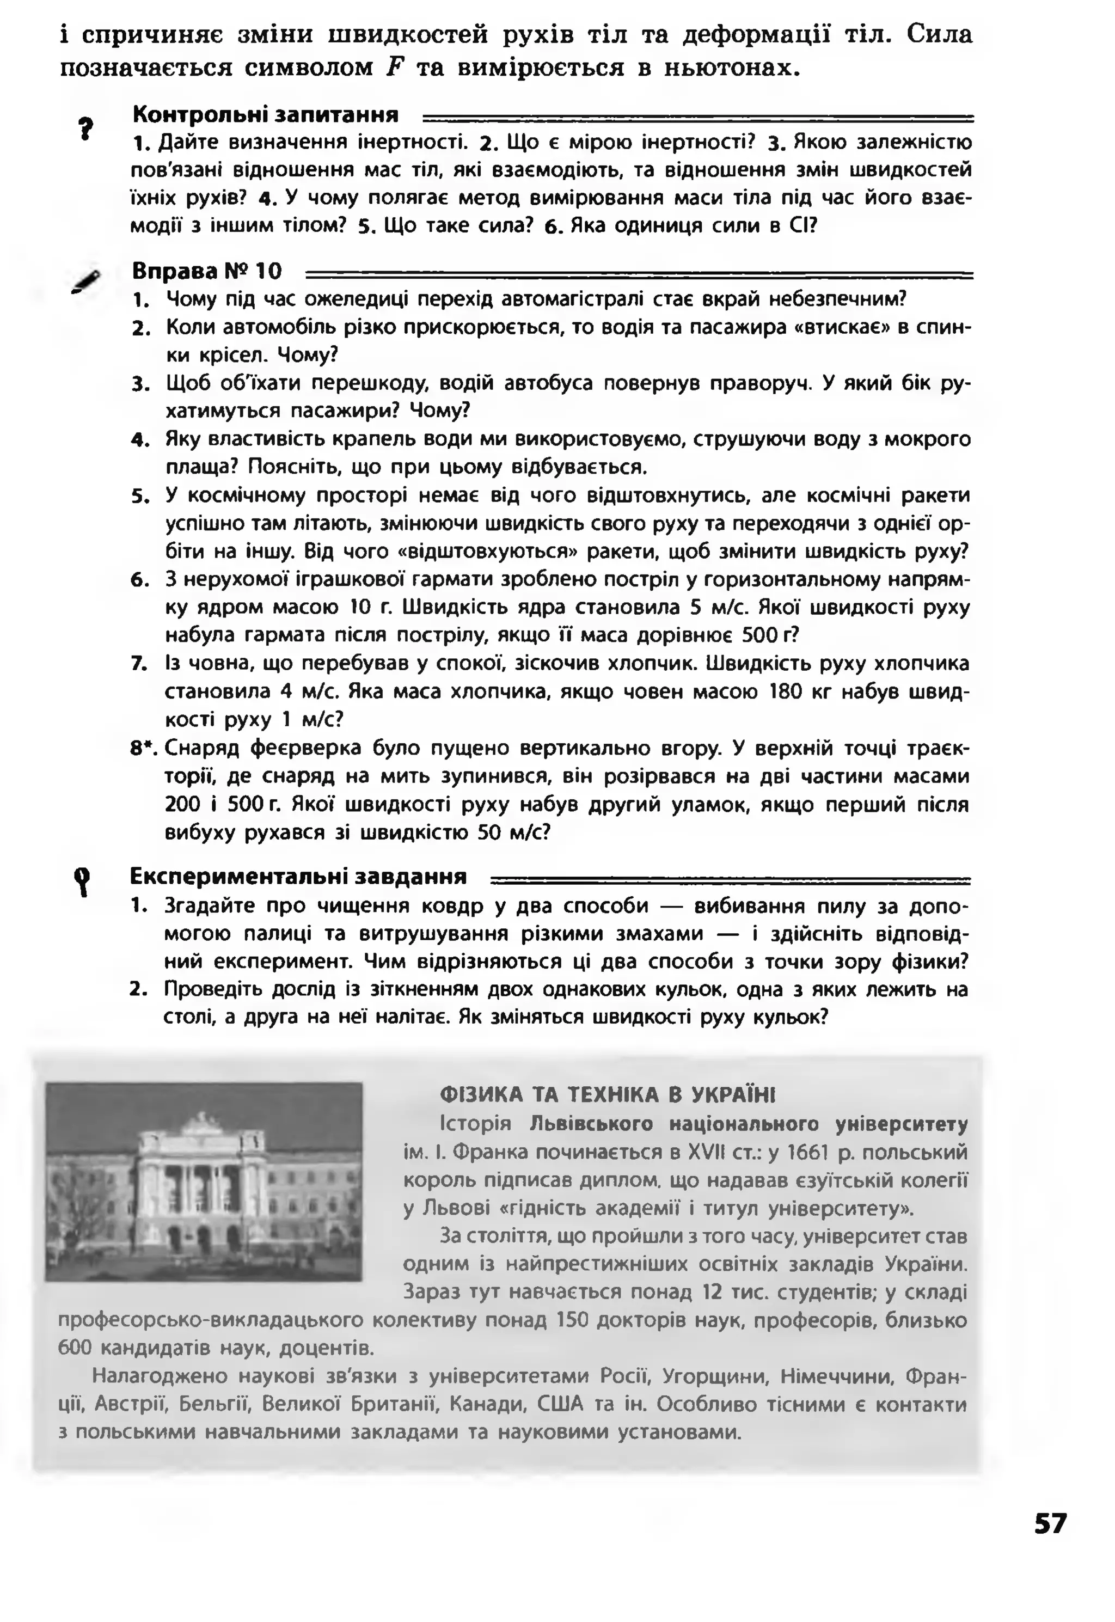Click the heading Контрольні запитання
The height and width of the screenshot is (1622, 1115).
click(266, 114)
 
